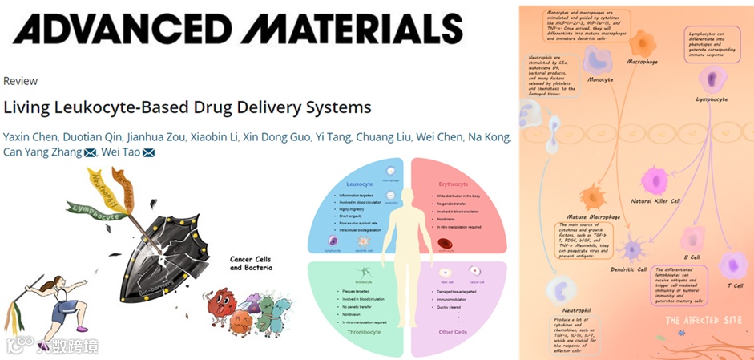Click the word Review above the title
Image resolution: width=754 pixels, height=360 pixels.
(20, 81)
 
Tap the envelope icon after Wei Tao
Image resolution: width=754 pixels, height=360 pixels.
(148, 153)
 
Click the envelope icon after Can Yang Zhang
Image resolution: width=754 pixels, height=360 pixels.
(90, 153)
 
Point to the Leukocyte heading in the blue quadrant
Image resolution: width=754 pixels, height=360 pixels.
(359, 184)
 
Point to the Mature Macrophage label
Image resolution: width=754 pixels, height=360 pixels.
(594, 216)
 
